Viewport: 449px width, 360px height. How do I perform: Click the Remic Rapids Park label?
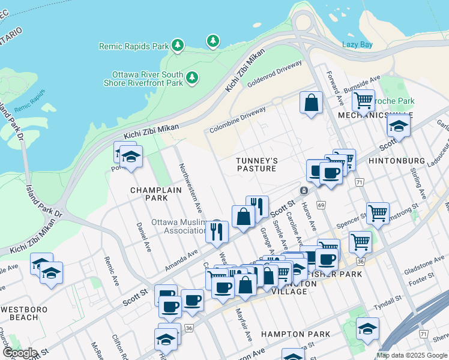tap(133, 46)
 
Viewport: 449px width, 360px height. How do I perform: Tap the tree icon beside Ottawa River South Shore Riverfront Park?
tap(192, 77)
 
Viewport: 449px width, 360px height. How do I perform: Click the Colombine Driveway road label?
tap(238, 121)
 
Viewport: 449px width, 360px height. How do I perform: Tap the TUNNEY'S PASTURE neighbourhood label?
tap(256, 164)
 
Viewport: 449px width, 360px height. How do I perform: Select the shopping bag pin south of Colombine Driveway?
tap(312, 103)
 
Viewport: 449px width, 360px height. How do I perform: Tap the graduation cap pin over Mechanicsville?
tap(398, 126)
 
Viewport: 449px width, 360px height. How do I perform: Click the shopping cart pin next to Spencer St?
tap(378, 212)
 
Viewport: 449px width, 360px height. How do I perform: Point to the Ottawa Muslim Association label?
tap(179, 226)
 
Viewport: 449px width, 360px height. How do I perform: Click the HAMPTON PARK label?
tap(295, 334)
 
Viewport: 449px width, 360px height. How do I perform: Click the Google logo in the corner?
tap(19, 353)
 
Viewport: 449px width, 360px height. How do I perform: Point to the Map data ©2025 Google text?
tap(411, 355)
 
